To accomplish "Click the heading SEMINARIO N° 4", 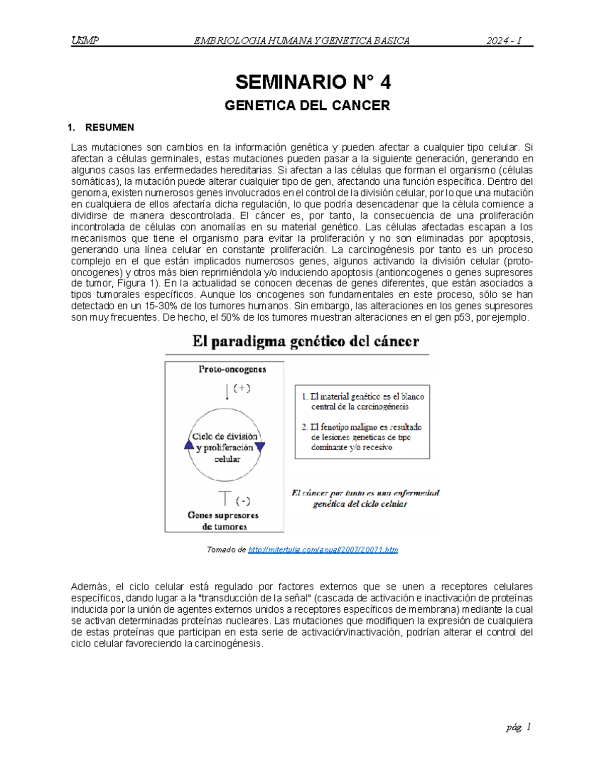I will tap(313, 82).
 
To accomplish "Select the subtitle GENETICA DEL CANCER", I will tap(307, 106).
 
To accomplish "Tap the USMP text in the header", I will tap(85, 41).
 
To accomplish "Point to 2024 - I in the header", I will tap(504, 41).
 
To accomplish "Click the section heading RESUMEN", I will tap(109, 127).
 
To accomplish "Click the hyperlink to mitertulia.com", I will tap(323, 549).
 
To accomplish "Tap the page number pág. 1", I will tap(518, 727).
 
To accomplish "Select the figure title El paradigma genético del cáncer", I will tap(306, 342).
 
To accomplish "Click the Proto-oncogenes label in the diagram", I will tap(232, 369).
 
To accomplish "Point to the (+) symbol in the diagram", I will tap(242, 388).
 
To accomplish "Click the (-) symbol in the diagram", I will tap(243, 501).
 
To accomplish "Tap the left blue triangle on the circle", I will tap(189, 445).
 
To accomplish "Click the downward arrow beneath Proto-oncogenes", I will tap(228, 391).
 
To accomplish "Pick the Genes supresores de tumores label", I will tap(223, 521).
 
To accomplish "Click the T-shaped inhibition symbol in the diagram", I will tap(224, 498).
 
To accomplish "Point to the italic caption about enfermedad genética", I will tap(365, 499).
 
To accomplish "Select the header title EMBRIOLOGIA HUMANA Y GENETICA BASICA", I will tap(301, 41).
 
